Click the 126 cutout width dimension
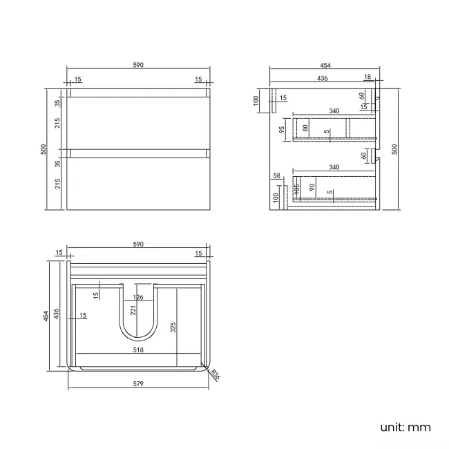(138, 298)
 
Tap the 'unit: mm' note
(405, 427)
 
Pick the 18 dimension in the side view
(367, 77)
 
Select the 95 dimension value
(282, 129)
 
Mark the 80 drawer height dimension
(305, 128)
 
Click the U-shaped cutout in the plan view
(138, 318)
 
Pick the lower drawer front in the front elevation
(137, 183)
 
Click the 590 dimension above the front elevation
(137, 65)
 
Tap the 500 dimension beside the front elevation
(43, 149)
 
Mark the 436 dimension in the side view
(322, 79)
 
